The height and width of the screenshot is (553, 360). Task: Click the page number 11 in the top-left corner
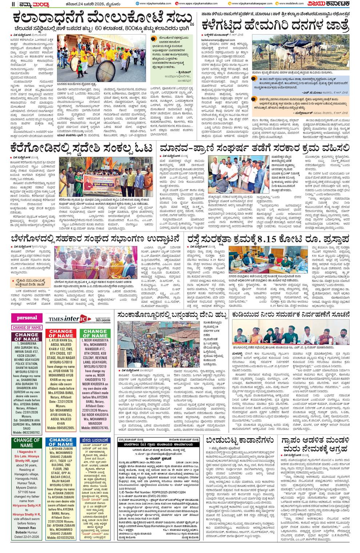(13, 4)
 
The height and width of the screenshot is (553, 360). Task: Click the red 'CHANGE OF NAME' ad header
(61, 333)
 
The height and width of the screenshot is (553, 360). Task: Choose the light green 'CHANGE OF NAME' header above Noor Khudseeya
(95, 333)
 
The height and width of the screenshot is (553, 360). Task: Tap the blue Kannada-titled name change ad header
(95, 440)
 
